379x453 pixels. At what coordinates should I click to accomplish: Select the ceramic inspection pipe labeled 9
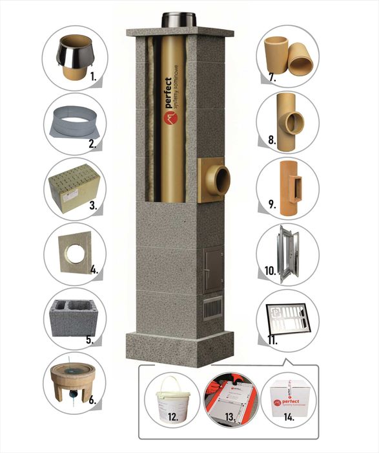pos(289,188)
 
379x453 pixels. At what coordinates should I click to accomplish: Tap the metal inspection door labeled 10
pos(289,253)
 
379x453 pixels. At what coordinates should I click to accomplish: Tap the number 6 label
pos(92,401)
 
